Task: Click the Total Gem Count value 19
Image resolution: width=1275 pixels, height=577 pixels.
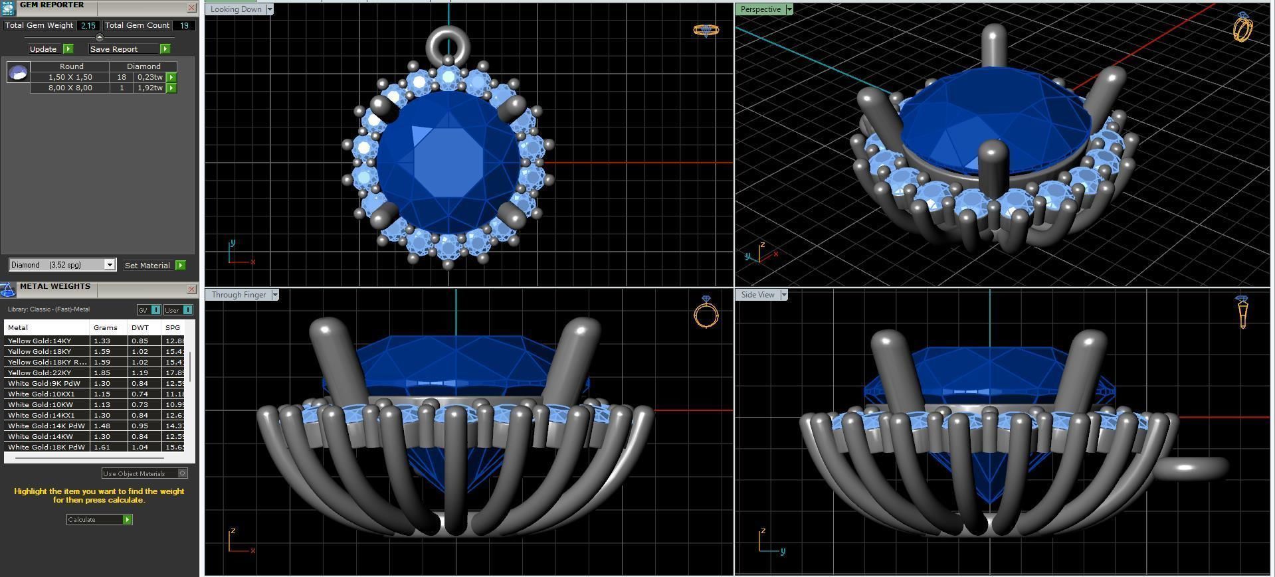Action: tap(184, 25)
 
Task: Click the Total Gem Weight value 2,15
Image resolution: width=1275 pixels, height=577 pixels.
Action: tap(88, 25)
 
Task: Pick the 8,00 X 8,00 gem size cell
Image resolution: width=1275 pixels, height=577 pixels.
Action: tap(70, 88)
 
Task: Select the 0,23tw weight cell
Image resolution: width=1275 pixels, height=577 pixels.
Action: tap(149, 77)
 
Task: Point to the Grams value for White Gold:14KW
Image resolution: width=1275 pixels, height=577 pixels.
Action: tap(102, 436)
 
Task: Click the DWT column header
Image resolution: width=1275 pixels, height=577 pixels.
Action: tap(140, 327)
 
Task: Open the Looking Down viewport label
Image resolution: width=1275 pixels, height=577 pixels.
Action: tap(237, 9)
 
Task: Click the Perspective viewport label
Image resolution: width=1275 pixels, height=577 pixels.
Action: tap(761, 9)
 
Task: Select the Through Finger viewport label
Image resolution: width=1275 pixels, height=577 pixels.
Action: tap(240, 295)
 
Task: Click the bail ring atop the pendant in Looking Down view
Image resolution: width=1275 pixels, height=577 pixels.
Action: tap(448, 45)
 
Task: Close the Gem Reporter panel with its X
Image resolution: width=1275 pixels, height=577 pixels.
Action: tap(192, 8)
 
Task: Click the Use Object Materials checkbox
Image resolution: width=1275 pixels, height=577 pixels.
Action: tap(183, 473)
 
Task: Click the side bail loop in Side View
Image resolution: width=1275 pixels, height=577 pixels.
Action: tap(1193, 468)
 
